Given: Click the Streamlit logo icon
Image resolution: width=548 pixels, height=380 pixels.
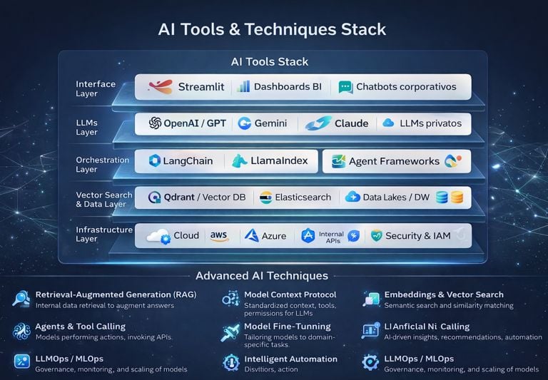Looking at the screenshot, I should pos(159,87).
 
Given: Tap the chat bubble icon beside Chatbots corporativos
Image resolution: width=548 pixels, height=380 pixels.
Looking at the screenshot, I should pos(345,87).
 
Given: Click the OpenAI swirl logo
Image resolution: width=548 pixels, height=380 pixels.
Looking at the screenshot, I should pos(155,123).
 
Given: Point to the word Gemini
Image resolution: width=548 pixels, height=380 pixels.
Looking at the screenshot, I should pos(270,123).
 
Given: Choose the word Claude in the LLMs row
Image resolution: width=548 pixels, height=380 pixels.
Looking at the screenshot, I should pos(351,123).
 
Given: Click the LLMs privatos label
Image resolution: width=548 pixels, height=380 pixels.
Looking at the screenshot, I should pos(430,123).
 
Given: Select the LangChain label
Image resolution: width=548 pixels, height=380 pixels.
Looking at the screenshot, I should pos(188,161).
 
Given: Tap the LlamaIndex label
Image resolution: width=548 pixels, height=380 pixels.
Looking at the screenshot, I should pos(279,161).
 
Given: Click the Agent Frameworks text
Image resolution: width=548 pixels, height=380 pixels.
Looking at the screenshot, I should pos(394,162).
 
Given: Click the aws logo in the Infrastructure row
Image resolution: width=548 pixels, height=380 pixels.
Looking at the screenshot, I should pos(219,236).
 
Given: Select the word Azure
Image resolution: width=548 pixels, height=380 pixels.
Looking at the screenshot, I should pos(273,236).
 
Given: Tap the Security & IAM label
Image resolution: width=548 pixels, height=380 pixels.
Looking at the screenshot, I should pos(417,236).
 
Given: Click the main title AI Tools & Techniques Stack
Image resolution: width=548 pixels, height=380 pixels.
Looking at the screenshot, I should pos(273,29).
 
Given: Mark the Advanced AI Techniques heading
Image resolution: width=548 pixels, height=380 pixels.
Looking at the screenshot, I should pos(262,275).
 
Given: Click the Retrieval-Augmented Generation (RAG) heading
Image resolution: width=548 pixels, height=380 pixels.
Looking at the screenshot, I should pos(115,294).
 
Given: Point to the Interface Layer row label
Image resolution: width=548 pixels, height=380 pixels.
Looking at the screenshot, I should pos(96,88).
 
